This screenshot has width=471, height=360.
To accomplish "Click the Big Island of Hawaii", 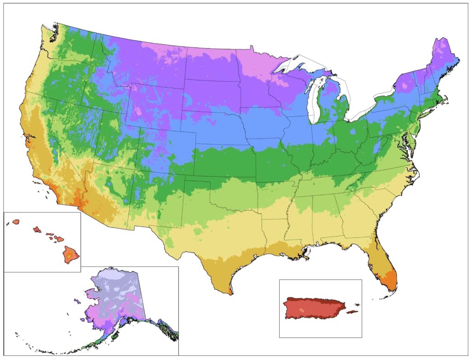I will click(x=71, y=253).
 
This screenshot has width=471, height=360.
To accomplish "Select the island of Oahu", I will click(x=36, y=229).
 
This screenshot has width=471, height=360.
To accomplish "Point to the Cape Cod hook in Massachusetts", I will click(x=448, y=102).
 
